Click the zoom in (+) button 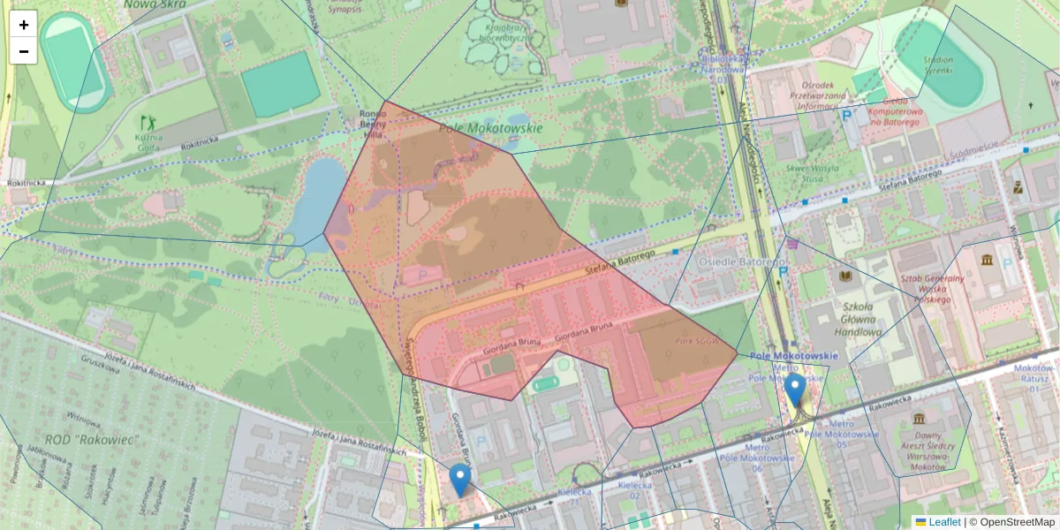(23, 24)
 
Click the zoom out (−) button (23, 51)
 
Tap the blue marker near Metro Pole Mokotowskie (795, 390)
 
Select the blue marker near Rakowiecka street (459, 480)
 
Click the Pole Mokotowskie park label (491, 128)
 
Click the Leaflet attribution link (944, 522)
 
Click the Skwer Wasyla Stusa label (805, 171)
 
